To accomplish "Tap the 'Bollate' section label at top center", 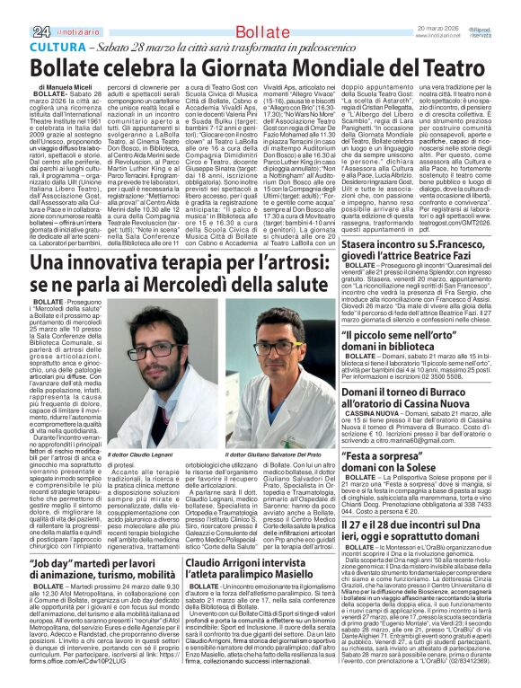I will coord(247,8).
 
